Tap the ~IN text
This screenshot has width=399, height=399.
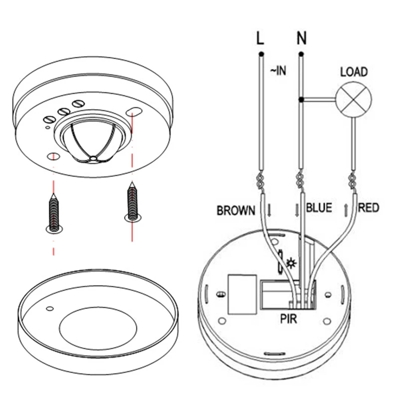click(278, 71)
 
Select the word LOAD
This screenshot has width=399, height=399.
click(354, 72)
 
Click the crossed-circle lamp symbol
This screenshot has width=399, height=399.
click(353, 99)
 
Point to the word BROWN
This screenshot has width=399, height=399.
click(236, 211)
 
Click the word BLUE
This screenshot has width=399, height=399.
click(319, 208)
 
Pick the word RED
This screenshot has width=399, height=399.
click(369, 207)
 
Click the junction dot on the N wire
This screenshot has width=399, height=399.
click(301, 100)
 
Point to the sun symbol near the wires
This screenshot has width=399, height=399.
click(290, 261)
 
